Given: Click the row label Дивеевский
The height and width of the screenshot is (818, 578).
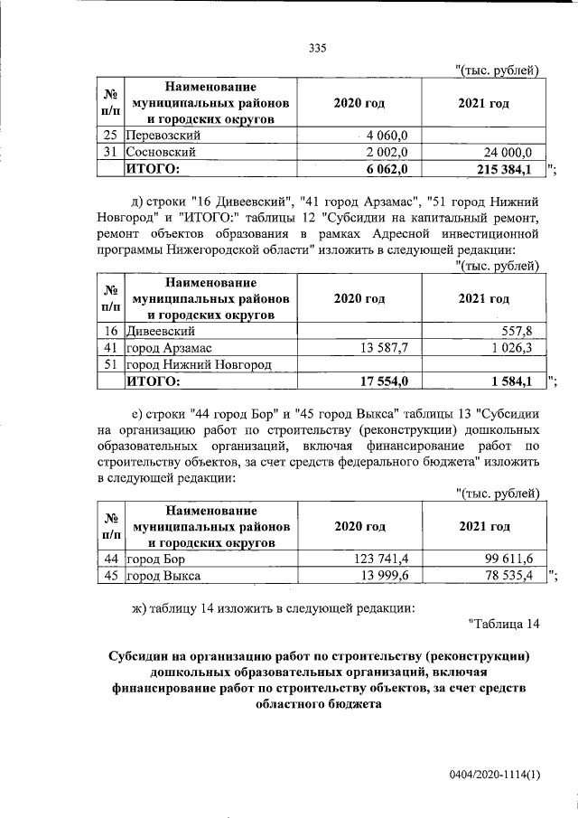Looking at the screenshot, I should click(161, 331).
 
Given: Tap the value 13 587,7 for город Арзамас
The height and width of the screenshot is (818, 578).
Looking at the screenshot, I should click(386, 347).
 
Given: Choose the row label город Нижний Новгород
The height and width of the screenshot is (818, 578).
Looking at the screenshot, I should click(199, 363).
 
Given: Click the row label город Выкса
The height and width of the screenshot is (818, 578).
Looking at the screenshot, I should click(163, 576).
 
